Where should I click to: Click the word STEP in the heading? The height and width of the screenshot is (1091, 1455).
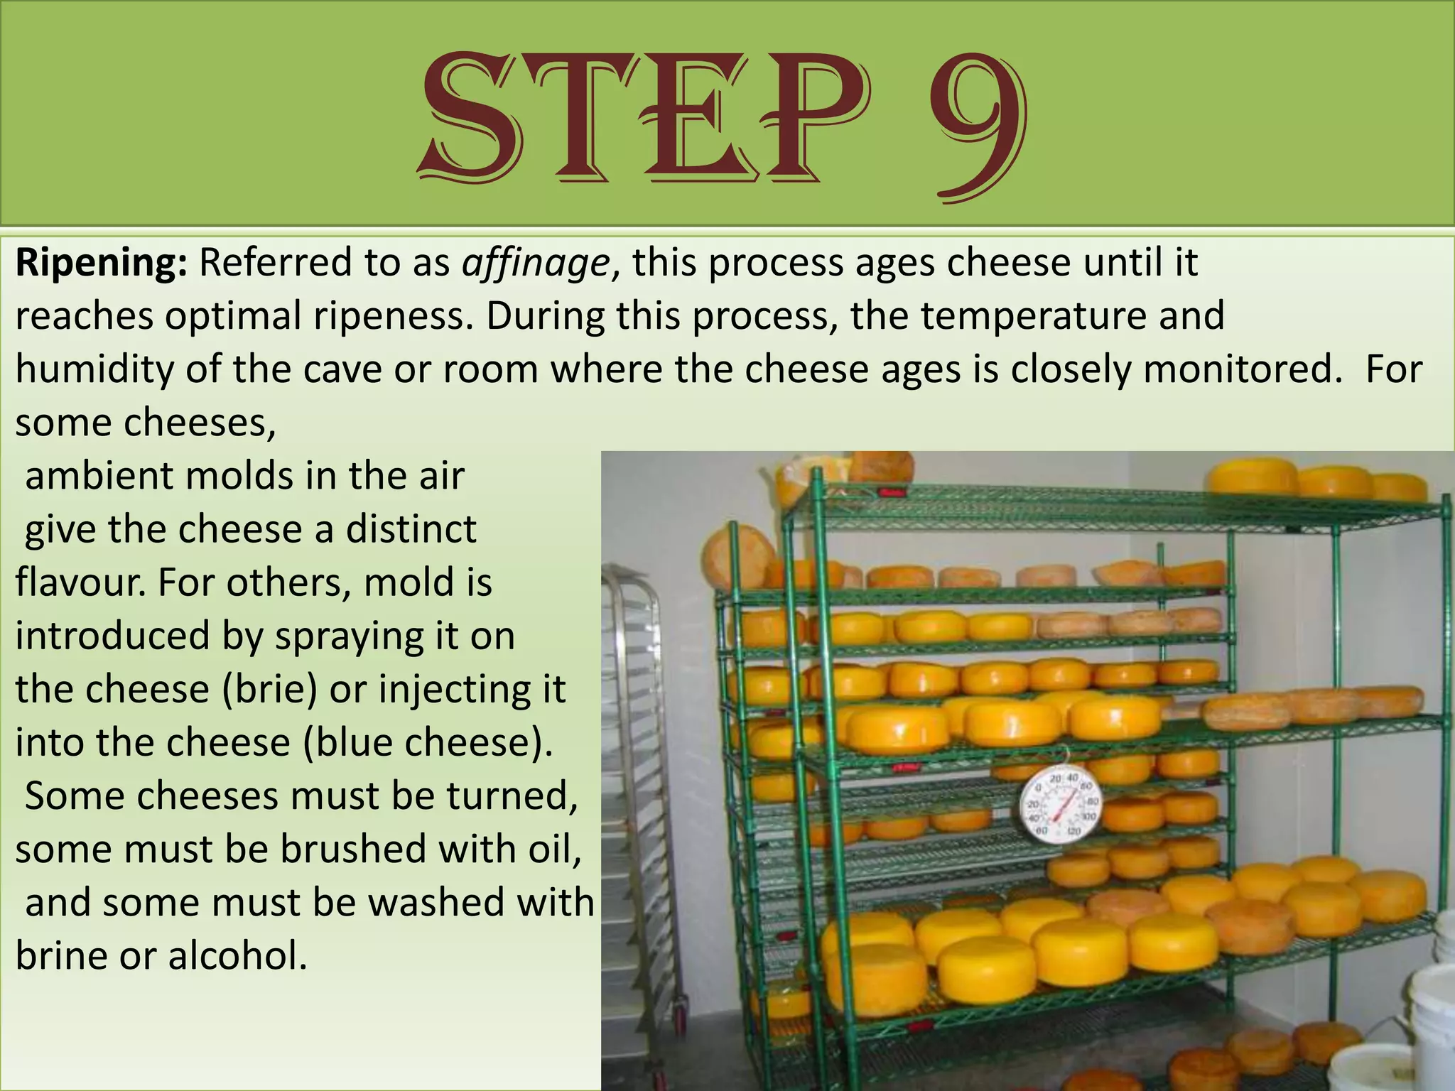click(x=643, y=117)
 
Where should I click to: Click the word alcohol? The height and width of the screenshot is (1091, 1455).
click(x=237, y=955)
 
